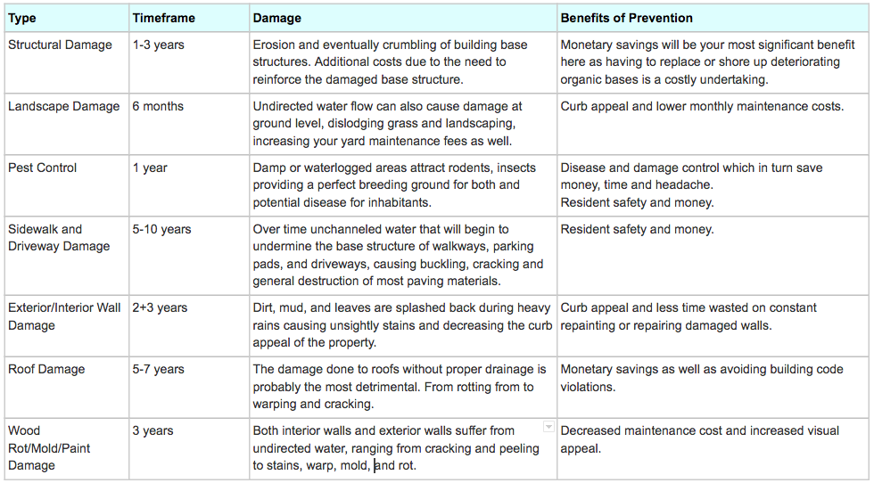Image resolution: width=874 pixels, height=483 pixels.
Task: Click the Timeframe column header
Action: point(163,18)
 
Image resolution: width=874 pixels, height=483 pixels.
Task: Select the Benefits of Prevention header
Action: point(626,18)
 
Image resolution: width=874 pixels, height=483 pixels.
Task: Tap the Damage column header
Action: point(277,18)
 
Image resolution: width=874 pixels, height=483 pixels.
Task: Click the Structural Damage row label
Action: point(60,45)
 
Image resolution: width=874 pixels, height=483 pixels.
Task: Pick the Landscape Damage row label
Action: point(63,106)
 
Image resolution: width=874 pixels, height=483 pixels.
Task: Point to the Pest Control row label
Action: point(43,168)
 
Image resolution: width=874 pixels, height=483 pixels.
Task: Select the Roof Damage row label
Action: point(46,369)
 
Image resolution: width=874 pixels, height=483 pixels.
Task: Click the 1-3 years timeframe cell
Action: point(159,45)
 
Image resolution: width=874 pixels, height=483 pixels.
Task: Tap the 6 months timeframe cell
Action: point(158,106)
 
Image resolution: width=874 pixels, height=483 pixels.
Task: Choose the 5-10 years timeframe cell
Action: point(161,229)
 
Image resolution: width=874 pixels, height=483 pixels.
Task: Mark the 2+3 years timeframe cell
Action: point(160,307)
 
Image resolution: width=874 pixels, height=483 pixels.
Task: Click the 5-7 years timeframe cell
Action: point(159,369)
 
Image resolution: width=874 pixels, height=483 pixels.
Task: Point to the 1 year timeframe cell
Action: point(150,168)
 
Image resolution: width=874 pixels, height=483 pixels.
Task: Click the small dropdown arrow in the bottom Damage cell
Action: point(548,427)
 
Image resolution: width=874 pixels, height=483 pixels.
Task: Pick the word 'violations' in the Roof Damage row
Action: point(588,387)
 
